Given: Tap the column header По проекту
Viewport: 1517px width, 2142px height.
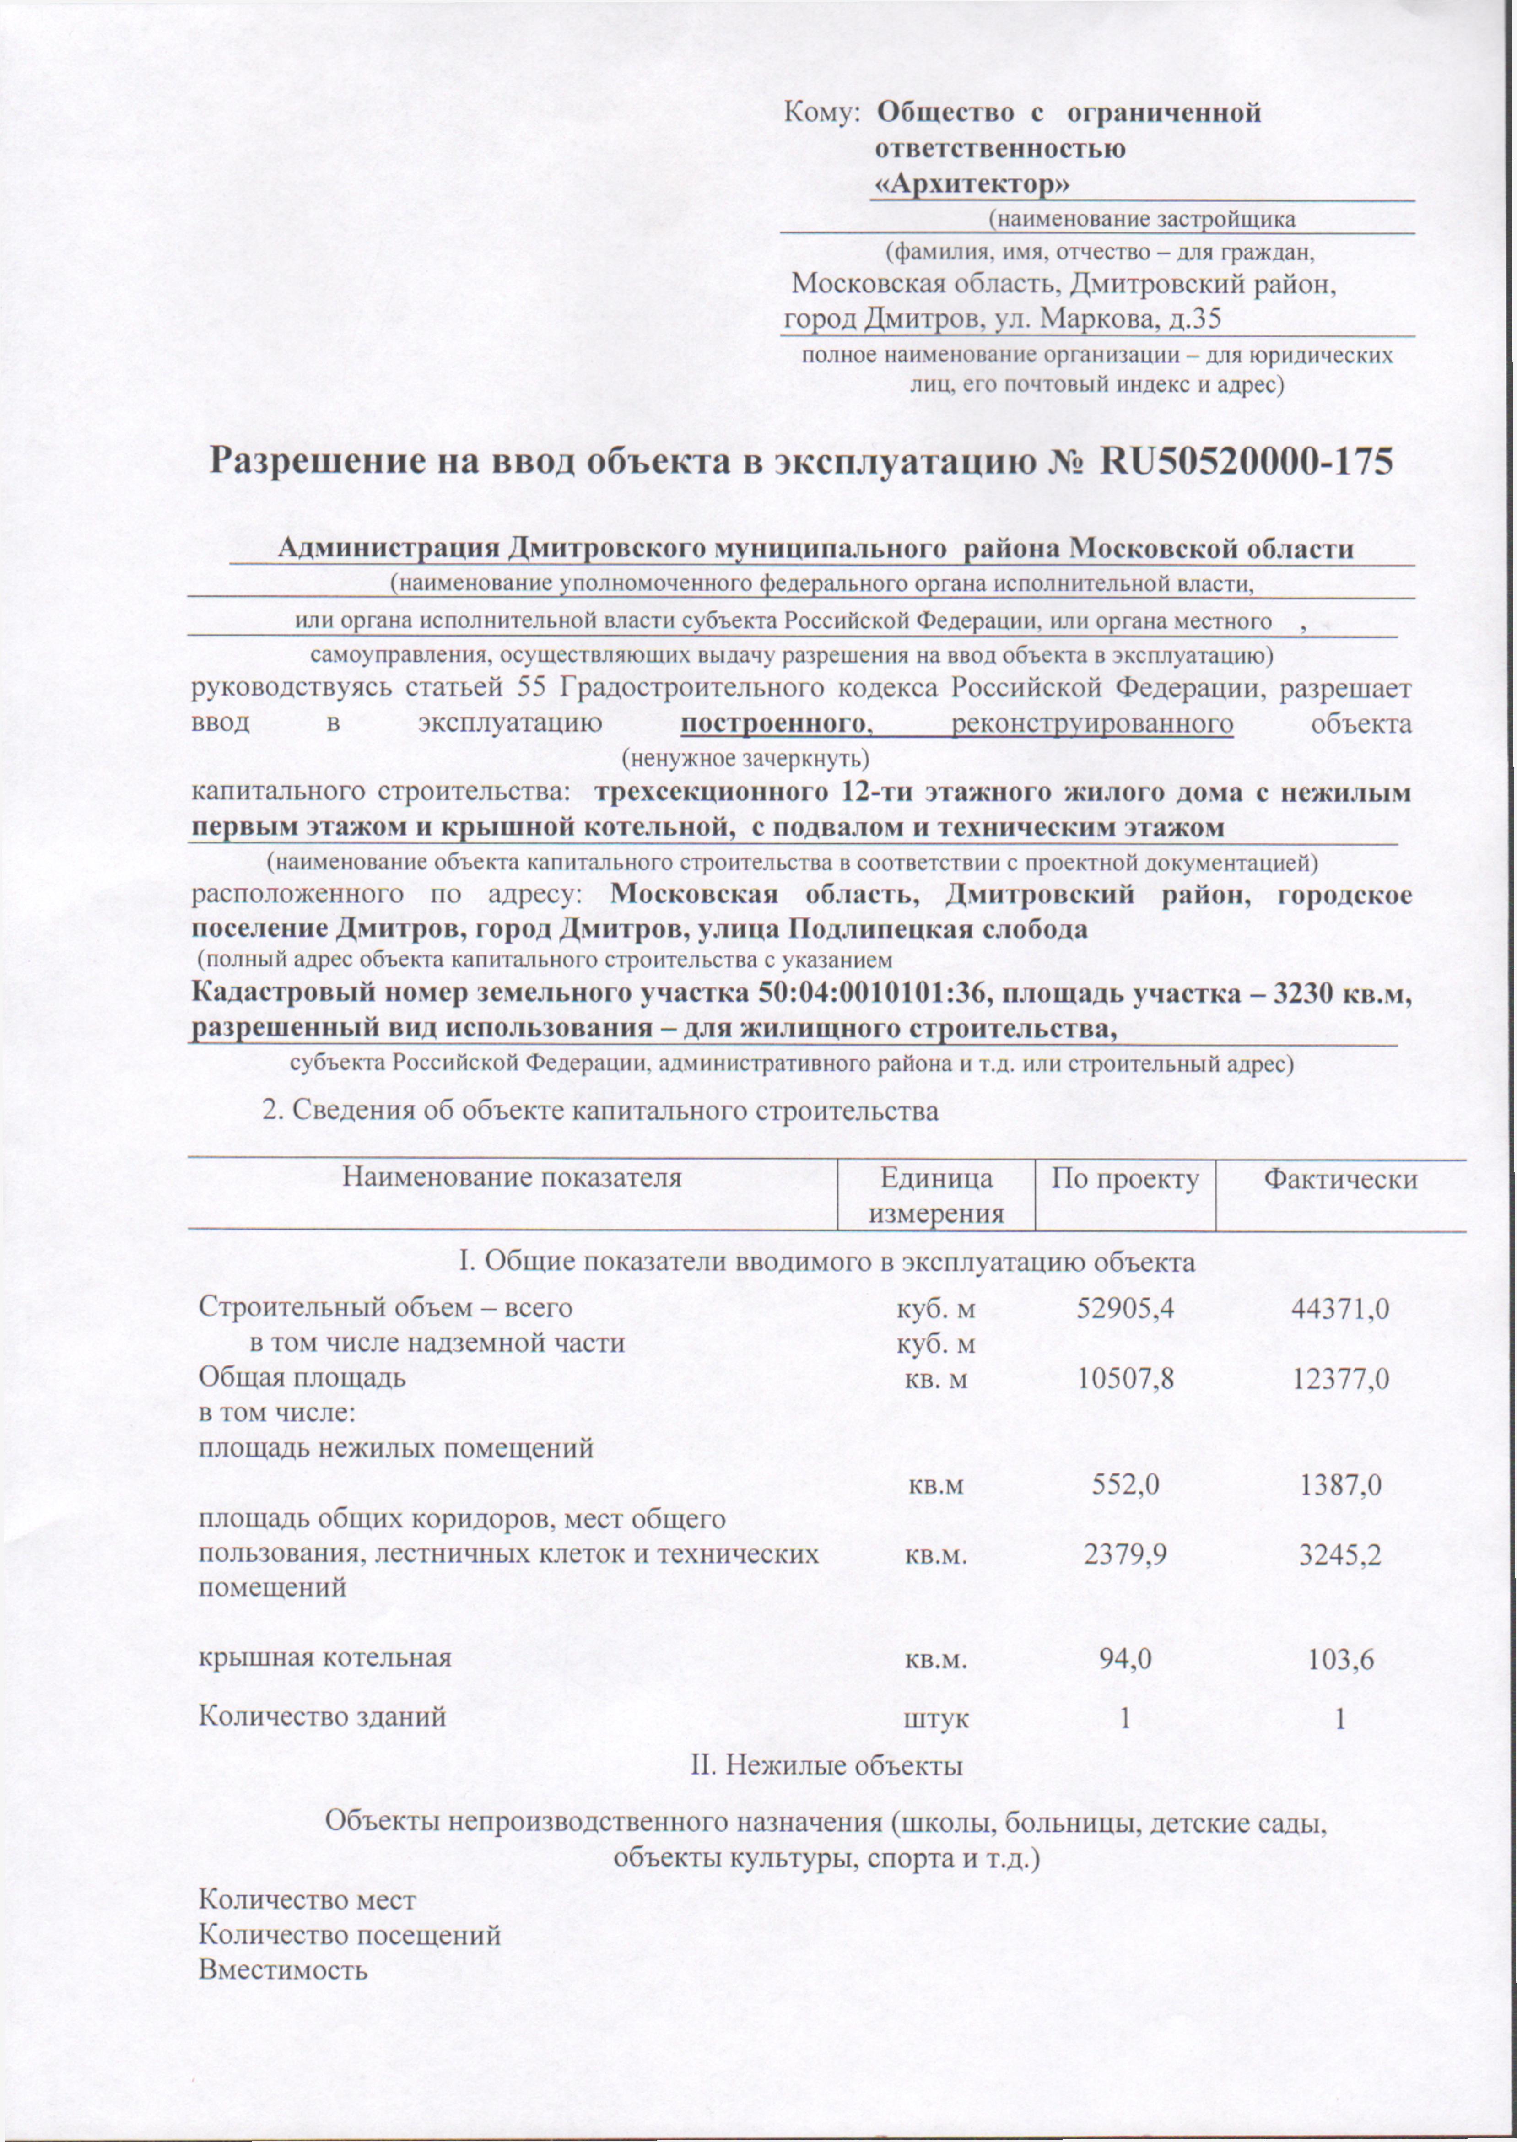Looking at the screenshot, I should [x=1125, y=1179].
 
